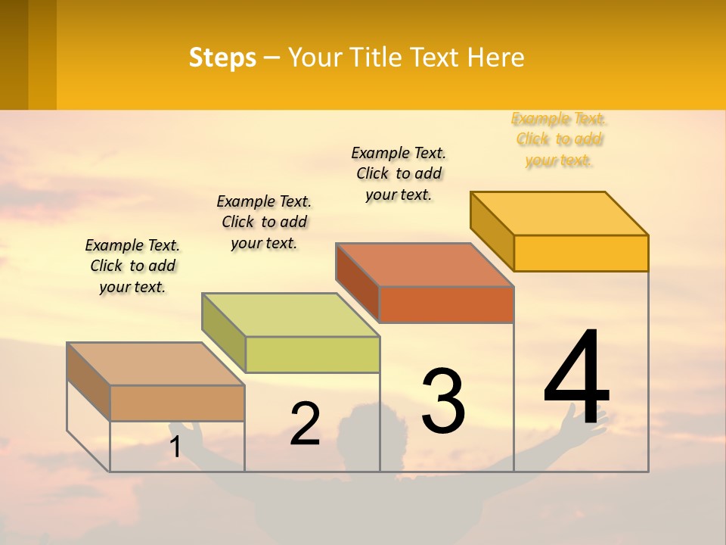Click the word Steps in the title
[x=222, y=58]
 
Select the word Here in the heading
[x=495, y=58]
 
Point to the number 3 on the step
[x=443, y=400]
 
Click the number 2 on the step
[x=305, y=424]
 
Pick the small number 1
[x=175, y=447]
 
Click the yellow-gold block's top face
[x=560, y=213]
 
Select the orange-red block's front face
[x=446, y=305]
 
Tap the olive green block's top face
[x=290, y=314]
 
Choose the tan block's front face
[x=177, y=403]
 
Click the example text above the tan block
[x=132, y=266]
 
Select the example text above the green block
[x=264, y=222]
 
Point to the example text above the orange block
[x=399, y=173]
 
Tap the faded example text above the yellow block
[x=559, y=139]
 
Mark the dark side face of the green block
[x=224, y=332]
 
